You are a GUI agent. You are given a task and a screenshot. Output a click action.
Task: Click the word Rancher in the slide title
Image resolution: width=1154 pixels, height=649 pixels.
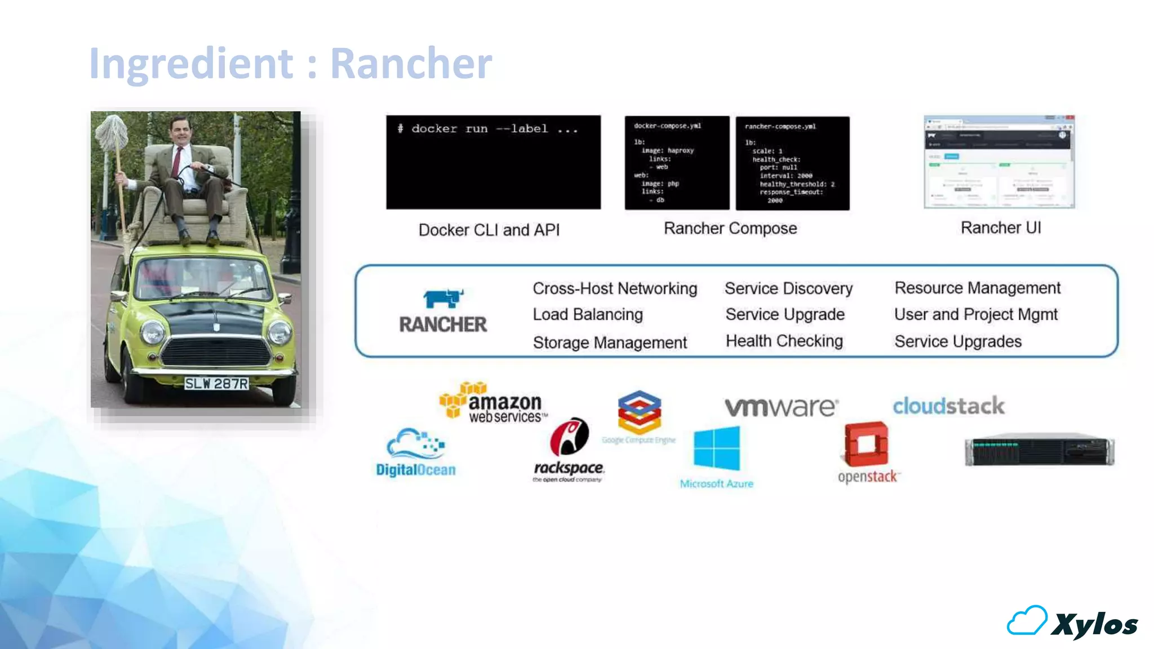pos(411,63)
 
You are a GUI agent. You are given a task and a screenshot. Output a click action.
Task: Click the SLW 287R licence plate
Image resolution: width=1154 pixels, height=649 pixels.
pos(216,384)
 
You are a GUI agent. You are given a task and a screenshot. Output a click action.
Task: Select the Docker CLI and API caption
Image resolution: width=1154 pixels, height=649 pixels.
pos(489,230)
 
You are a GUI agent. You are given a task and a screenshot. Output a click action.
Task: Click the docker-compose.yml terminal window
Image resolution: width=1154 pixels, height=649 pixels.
pos(677,163)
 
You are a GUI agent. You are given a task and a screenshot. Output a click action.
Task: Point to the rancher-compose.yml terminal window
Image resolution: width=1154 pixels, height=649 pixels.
pos(792,163)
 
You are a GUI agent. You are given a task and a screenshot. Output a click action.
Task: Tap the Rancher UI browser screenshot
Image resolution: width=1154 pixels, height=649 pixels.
pos(999,162)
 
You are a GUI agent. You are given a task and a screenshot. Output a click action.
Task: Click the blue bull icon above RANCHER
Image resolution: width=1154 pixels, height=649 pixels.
pos(443,298)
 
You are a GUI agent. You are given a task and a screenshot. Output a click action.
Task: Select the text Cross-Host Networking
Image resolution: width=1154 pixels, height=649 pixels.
pos(615,288)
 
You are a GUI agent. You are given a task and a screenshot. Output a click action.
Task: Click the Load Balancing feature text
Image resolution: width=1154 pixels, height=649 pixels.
pos(588,314)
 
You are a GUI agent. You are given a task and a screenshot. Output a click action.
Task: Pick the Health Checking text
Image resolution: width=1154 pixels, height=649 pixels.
pos(784,341)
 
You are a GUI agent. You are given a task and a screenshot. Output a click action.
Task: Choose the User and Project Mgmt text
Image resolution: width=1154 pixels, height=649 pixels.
pos(975,314)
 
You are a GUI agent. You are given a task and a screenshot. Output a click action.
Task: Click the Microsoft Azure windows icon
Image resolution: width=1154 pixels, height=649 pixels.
pos(717,448)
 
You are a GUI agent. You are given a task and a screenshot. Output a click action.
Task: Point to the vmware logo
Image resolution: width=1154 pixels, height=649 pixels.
pos(781,407)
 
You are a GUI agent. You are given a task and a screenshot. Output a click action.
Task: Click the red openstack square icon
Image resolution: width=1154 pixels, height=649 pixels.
pos(866,444)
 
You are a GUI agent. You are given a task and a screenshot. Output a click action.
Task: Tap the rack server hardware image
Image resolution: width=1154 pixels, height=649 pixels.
pos(1039,450)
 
